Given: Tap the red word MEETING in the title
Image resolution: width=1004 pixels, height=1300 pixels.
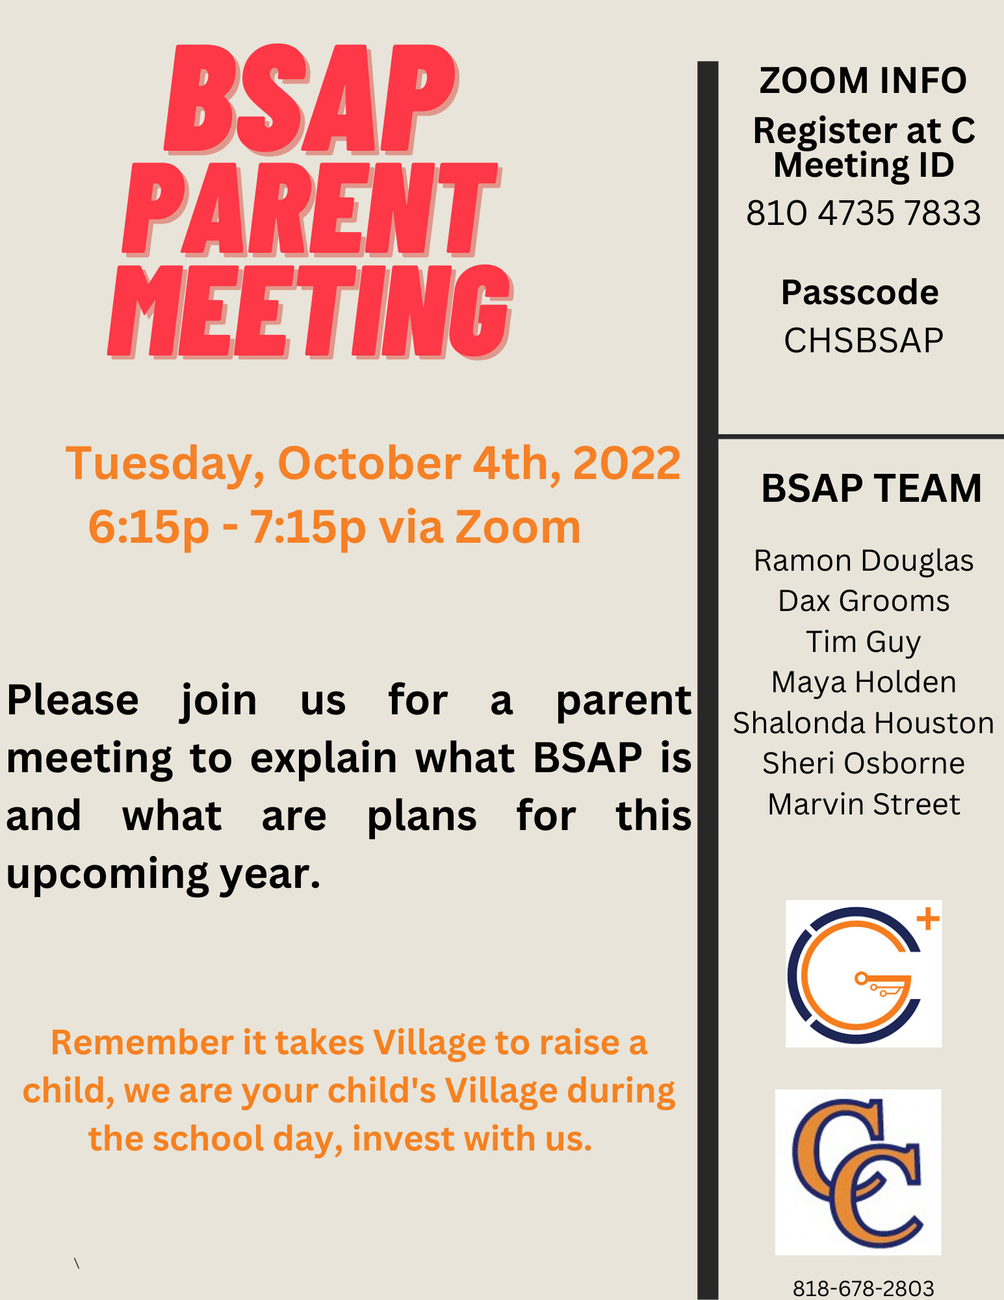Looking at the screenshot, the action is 311,311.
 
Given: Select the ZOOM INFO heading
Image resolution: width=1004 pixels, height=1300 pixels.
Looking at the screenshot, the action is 863,81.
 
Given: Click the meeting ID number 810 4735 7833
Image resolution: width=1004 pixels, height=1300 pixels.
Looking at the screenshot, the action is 864,213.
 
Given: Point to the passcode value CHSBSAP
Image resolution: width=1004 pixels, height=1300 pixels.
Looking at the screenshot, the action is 864,340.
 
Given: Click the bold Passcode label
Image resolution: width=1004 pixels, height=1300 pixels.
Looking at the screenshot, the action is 860,292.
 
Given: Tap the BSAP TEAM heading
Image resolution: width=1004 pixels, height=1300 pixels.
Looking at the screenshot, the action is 871,488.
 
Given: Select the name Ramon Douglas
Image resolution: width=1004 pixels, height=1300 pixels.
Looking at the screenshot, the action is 864,561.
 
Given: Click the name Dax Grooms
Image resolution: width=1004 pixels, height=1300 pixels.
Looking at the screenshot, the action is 864,601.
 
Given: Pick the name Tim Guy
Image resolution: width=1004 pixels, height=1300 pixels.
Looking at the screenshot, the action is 864,642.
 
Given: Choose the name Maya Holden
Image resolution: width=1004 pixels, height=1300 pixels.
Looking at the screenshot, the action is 864,682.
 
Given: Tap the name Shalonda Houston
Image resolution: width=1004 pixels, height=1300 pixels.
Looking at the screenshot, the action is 864,723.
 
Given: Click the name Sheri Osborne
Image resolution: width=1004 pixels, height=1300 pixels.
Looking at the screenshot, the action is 864,763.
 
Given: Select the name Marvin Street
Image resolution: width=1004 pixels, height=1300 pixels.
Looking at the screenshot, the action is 864,804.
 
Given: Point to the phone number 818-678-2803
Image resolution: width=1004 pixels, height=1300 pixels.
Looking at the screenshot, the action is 864,1288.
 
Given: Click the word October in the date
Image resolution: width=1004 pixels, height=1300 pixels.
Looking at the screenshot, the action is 369,463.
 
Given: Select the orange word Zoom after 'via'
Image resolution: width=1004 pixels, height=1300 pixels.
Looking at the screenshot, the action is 518,526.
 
